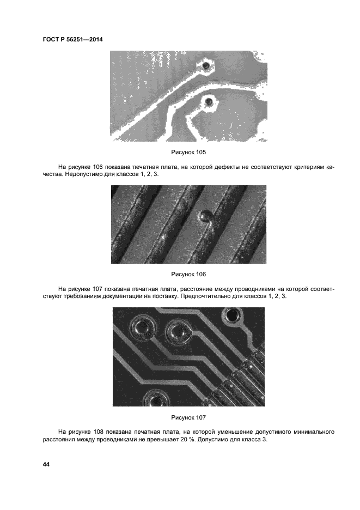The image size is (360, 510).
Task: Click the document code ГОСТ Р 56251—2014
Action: point(72,40)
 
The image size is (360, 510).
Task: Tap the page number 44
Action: point(46,464)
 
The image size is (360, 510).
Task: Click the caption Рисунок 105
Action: point(188,152)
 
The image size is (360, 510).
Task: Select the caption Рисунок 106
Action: point(188,274)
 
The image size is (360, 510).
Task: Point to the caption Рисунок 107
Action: point(188,417)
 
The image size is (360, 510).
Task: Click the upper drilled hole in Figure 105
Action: point(205,66)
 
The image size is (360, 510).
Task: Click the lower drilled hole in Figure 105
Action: point(208,102)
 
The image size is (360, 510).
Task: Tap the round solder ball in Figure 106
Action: point(204,216)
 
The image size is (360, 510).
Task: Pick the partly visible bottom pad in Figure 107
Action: point(156,398)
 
